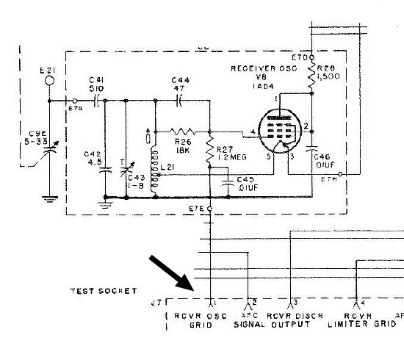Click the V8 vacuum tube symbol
282,132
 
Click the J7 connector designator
155,303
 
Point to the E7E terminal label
198,209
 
